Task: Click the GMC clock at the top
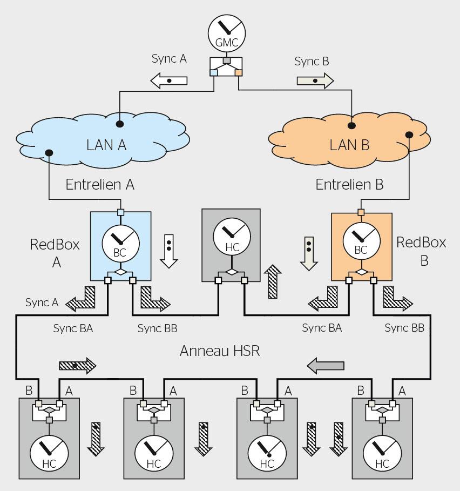[227, 33]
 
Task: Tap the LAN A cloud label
[106, 145]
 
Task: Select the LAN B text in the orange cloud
[349, 145]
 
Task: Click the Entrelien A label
[100, 184]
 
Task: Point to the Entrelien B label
[349, 184]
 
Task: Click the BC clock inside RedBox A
[121, 243]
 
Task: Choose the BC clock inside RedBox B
[362, 241]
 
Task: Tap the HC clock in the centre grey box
[232, 237]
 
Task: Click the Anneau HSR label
[220, 351]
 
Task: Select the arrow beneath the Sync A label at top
[169, 80]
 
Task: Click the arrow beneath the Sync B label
[315, 80]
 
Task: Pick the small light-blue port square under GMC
[213, 72]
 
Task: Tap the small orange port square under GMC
[239, 72]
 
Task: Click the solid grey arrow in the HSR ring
[326, 366]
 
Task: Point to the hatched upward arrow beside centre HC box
[273, 281]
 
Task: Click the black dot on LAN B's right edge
[409, 134]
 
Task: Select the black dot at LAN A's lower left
[49, 153]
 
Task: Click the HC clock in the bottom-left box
[49, 454]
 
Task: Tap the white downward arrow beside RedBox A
[169, 251]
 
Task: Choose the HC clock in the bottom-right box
[382, 454]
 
